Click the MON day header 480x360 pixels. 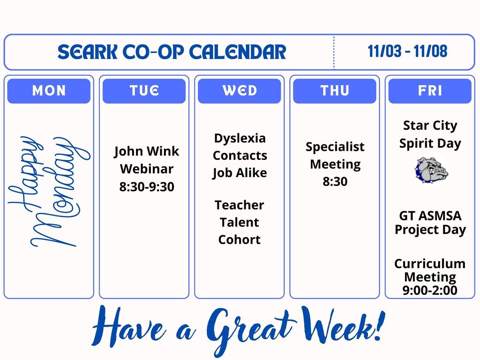tap(49, 91)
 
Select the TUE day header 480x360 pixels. tap(144, 91)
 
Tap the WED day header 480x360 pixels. tap(240, 91)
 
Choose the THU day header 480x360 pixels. tap(335, 91)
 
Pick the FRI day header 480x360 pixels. tap(430, 91)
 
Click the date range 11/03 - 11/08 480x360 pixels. tap(407, 52)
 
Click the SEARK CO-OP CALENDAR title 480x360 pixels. tap(172, 52)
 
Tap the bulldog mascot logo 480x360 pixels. tap(431, 170)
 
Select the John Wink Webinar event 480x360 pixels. tap(146, 160)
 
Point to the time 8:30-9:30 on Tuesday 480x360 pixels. tap(146, 187)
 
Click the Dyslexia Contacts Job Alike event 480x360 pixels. tap(240, 156)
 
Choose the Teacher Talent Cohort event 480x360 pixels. tap(240, 222)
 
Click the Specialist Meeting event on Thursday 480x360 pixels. tap(335, 155)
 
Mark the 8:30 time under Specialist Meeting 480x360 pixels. tap(335, 181)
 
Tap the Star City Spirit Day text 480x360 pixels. tap(430, 134)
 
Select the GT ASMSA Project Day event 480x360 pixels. tap(430, 223)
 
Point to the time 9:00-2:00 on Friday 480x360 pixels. tap(430, 291)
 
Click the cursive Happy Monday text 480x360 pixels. tap(49, 192)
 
